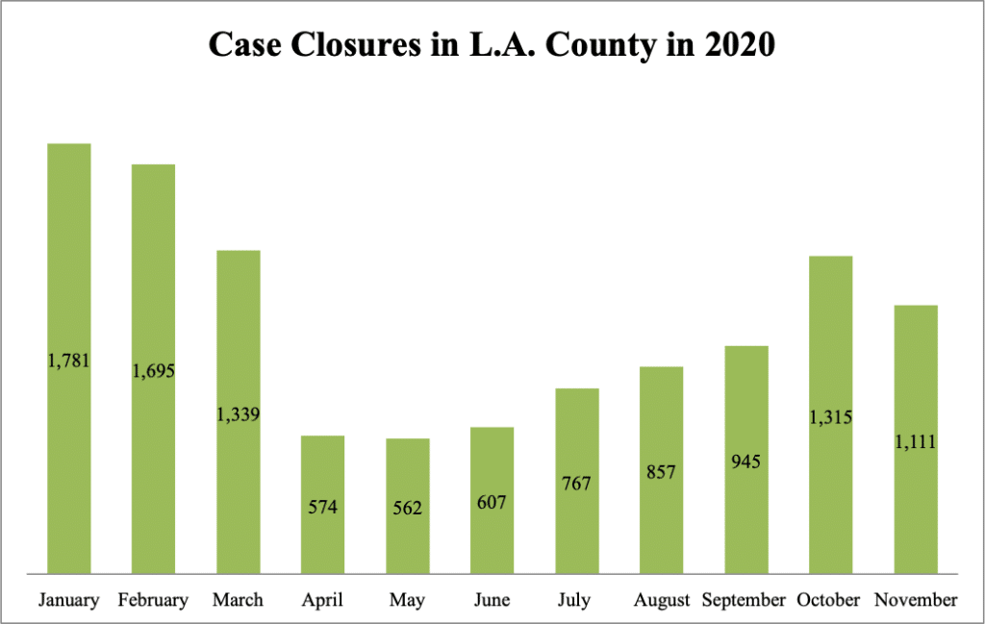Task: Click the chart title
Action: tap(492, 44)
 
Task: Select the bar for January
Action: tap(69, 288)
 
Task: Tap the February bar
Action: tap(154, 288)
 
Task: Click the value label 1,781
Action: tap(69, 362)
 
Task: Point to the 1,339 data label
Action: tap(239, 414)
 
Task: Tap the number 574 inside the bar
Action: tap(323, 506)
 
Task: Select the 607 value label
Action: tap(492, 502)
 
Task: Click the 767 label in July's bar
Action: tap(576, 482)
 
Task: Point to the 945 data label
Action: tap(745, 462)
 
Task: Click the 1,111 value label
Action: tap(915, 442)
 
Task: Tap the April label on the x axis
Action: tap(323, 600)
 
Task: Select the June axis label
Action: tap(492, 600)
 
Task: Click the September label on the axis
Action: tap(745, 600)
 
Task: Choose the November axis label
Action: tap(915, 600)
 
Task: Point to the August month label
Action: tap(661, 601)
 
